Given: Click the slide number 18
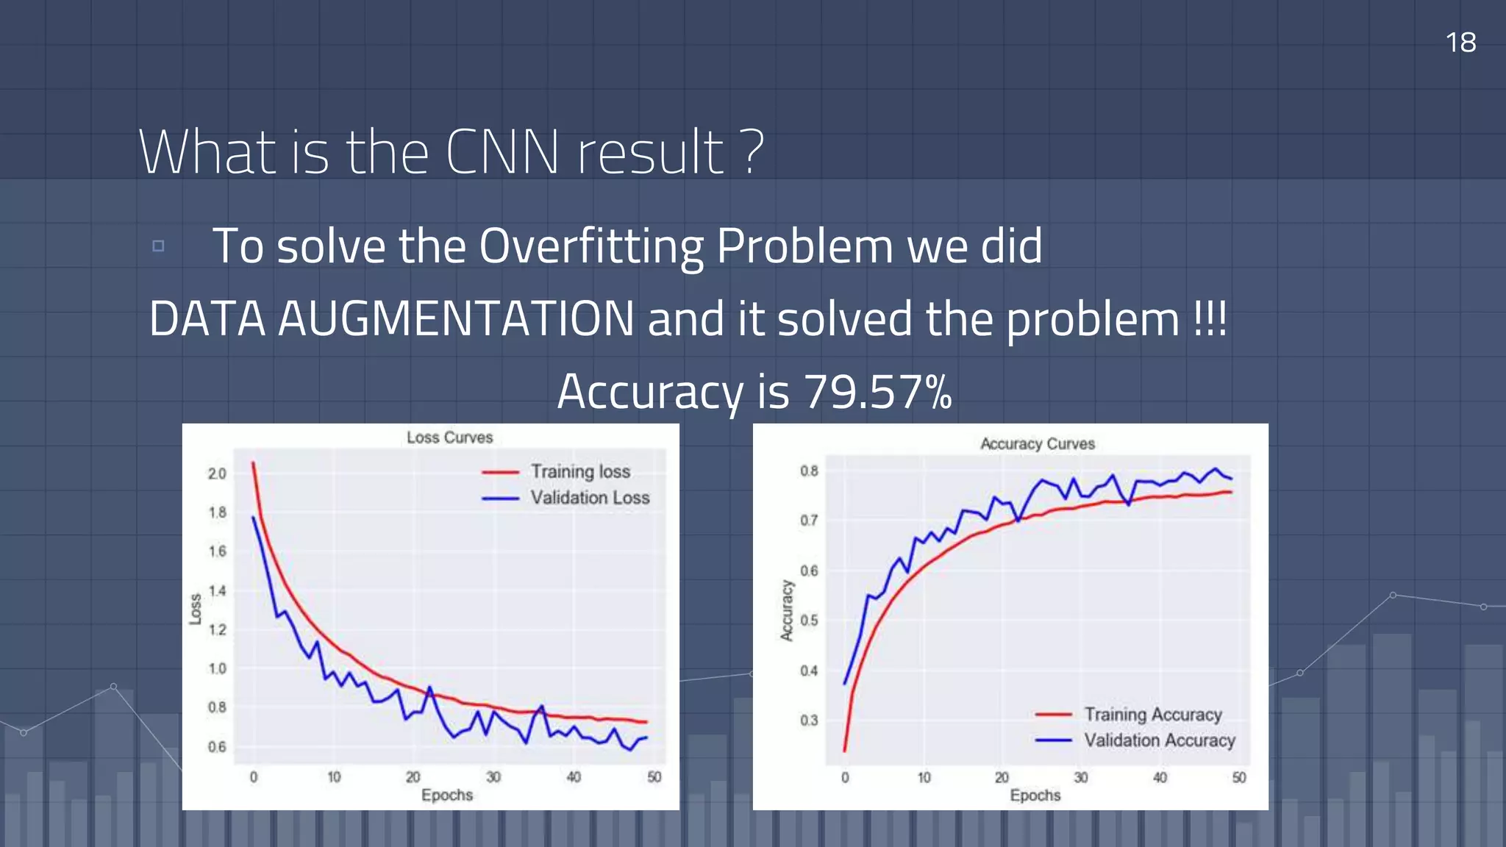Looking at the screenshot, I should (1460, 43).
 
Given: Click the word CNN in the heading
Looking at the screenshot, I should (502, 152).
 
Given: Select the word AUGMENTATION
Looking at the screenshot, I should (456, 319).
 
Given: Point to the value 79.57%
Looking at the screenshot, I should (877, 391).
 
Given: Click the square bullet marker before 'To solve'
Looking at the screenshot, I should (158, 246).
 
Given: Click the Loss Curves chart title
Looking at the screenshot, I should (449, 437).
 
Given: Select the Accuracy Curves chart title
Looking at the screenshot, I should (1037, 444).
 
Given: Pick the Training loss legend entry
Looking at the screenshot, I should (580, 471).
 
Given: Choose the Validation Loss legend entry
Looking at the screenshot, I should (590, 498).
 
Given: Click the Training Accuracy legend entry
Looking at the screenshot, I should (1152, 714).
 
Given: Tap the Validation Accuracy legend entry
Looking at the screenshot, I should (1159, 740).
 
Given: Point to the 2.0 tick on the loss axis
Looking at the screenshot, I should (217, 473).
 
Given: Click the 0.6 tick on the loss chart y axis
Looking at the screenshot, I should (217, 747).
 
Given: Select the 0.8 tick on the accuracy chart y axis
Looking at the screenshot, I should (809, 471).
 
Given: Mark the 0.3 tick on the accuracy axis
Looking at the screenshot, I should (809, 721).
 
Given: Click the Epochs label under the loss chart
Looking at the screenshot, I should (447, 795).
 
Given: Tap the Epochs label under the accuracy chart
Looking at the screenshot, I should (1035, 795).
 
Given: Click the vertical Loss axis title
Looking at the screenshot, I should (196, 609).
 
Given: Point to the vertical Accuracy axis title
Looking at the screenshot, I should (787, 610).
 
